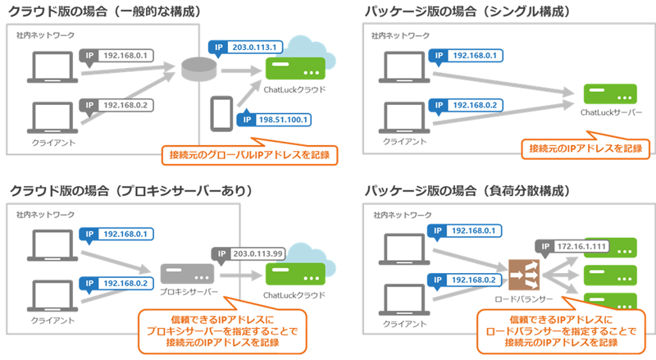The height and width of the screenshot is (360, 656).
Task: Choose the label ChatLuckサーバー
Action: point(611,112)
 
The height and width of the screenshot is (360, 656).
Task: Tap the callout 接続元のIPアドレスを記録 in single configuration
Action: point(585,148)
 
